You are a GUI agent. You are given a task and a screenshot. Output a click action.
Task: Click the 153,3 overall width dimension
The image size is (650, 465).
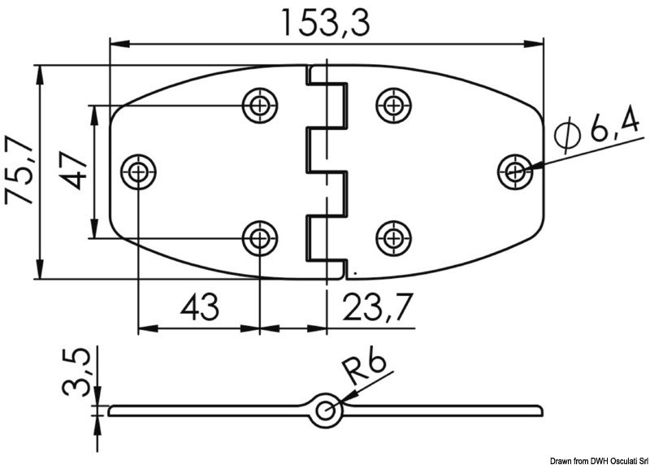click(x=325, y=22)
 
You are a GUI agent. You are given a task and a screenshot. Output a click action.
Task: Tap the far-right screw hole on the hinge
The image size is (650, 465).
click(x=513, y=172)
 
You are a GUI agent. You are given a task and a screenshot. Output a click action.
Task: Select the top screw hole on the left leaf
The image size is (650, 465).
click(x=259, y=104)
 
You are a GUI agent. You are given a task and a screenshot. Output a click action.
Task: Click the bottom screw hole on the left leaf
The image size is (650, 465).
click(x=259, y=238)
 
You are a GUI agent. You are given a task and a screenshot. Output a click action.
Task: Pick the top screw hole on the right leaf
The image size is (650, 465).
click(x=392, y=104)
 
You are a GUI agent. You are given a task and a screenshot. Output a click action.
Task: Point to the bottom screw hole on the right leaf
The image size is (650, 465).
click(x=392, y=238)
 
